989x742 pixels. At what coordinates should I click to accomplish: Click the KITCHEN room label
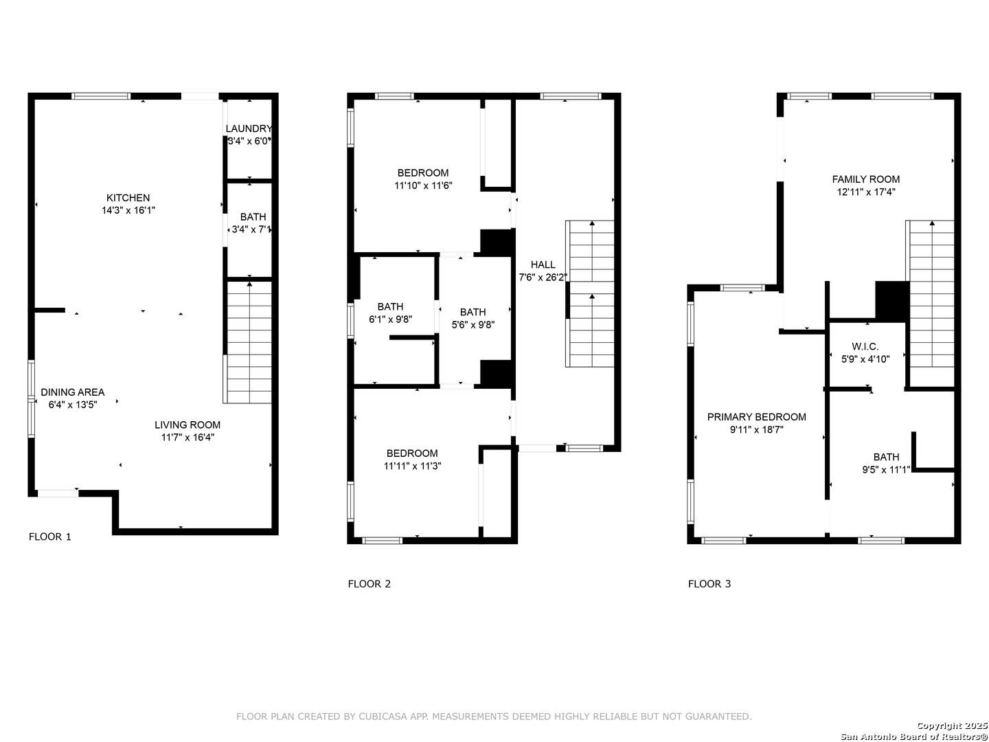tap(128, 198)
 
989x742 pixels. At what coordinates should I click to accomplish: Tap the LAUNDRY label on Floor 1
tap(249, 128)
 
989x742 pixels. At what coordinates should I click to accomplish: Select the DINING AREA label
tap(73, 392)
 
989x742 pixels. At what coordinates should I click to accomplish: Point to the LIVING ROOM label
tap(187, 425)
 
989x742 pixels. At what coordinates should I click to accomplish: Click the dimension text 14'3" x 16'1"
tap(128, 210)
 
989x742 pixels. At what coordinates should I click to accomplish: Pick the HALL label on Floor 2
tap(543, 265)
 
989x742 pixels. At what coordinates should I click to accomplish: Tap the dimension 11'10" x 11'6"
tap(423, 185)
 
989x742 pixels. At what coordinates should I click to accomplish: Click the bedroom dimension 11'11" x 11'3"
tap(412, 466)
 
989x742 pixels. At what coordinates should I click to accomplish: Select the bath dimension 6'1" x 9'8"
tap(390, 319)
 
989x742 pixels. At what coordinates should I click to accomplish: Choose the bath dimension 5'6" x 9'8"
tap(473, 325)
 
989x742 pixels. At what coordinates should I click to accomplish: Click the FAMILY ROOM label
tap(865, 179)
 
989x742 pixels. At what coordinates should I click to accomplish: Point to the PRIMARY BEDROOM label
tap(756, 417)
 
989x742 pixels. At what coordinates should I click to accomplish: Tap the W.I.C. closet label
tap(865, 347)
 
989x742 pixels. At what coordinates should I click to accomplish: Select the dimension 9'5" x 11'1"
tap(886, 470)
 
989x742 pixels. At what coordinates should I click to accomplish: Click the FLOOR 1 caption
tap(50, 537)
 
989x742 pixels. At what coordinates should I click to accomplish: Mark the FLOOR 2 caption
tap(369, 584)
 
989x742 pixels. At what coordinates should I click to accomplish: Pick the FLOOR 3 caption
tap(709, 584)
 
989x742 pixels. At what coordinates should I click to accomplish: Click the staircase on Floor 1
tap(249, 342)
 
